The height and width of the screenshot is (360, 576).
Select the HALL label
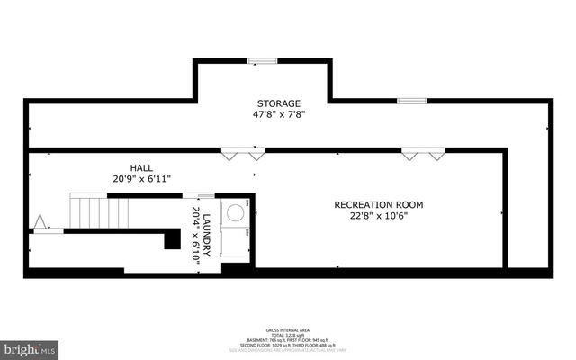[140, 168]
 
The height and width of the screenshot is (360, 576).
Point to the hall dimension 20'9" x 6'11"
[140, 180]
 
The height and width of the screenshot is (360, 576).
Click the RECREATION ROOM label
[378, 204]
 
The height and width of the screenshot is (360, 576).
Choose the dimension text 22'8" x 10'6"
[378, 216]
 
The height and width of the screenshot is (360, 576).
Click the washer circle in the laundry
[236, 213]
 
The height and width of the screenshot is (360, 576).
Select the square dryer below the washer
[236, 239]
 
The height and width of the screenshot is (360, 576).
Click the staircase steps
[99, 213]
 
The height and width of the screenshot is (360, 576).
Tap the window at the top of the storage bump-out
[263, 61]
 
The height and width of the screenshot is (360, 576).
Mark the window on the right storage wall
[411, 101]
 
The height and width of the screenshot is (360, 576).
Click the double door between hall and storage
[244, 155]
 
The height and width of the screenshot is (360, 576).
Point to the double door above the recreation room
[423, 155]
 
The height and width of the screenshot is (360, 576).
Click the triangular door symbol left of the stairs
[39, 221]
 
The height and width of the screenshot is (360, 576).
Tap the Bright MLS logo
[31, 347]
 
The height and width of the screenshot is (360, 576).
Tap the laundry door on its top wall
[199, 195]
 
